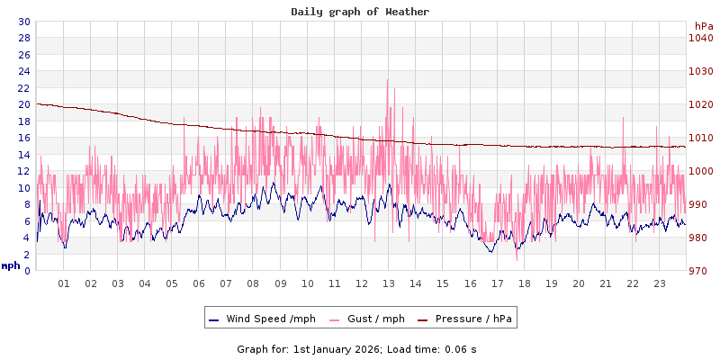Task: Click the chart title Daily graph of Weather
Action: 360,12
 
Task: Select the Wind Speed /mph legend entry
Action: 270,319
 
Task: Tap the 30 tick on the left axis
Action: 23,22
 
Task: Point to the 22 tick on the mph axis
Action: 23,88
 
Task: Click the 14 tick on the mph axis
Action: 23,155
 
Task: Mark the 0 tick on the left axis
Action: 27,271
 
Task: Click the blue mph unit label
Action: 11,265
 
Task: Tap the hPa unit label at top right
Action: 703,26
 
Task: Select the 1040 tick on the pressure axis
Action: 701,38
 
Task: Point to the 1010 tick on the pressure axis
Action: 701,138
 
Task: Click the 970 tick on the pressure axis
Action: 701,271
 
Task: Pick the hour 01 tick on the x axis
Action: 64,283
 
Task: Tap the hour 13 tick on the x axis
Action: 389,283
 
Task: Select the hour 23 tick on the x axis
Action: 660,283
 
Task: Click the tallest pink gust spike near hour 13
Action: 388,81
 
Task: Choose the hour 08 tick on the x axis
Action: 253,283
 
